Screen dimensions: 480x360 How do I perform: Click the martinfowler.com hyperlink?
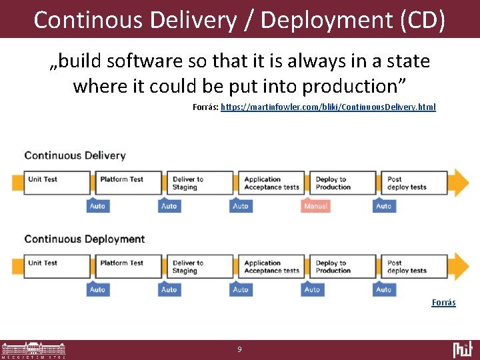click(x=328, y=107)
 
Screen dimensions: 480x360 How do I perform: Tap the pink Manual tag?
click(x=315, y=206)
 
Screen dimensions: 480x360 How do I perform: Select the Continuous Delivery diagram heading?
click(x=75, y=155)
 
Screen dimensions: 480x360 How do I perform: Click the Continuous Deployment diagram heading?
click(x=84, y=239)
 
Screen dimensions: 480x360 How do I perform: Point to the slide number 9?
click(x=239, y=349)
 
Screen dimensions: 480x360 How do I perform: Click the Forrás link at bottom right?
click(x=443, y=303)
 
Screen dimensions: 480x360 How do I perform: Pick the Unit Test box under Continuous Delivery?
click(x=55, y=183)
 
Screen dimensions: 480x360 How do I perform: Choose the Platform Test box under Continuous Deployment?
click(x=127, y=267)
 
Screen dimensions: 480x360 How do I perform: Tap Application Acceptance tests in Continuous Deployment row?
click(x=271, y=267)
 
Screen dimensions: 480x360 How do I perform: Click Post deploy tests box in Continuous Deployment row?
click(x=415, y=267)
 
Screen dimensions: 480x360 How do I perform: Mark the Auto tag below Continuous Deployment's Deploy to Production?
click(x=312, y=290)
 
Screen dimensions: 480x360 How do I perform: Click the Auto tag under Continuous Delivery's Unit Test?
click(x=97, y=206)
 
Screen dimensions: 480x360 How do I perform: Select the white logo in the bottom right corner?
click(x=462, y=349)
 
